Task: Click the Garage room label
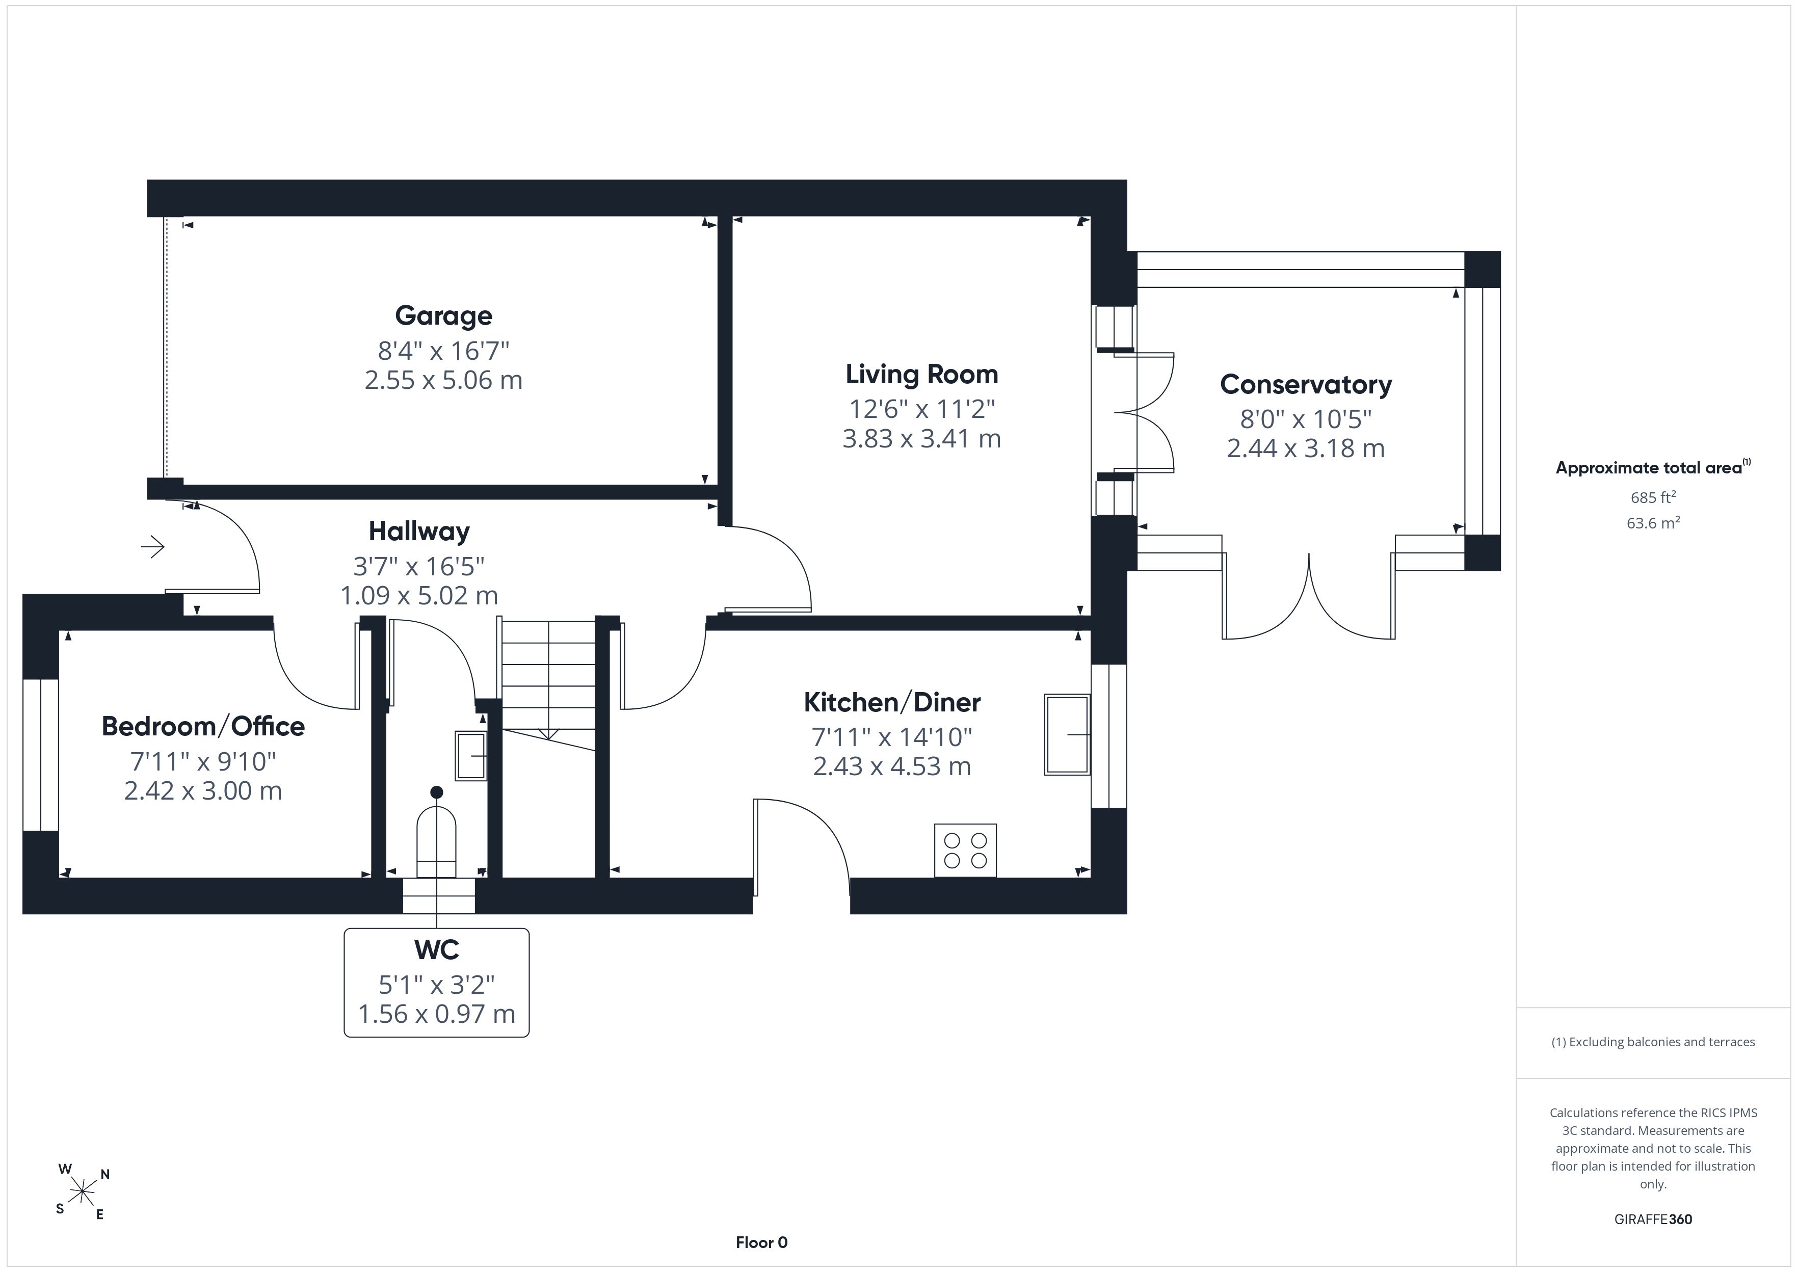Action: click(x=443, y=315)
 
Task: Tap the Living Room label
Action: click(x=922, y=375)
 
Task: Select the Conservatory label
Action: click(x=1305, y=385)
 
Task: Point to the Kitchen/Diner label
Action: click(x=892, y=703)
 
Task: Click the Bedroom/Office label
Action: click(x=203, y=726)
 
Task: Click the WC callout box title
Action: click(x=436, y=950)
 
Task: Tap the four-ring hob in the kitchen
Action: click(x=965, y=851)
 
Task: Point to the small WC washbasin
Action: click(x=470, y=756)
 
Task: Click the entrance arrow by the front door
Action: click(x=153, y=547)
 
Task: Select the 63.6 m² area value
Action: click(x=1653, y=522)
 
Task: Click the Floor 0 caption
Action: click(x=761, y=1242)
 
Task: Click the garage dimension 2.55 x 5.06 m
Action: click(x=443, y=380)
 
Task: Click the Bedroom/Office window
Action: click(x=41, y=754)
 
